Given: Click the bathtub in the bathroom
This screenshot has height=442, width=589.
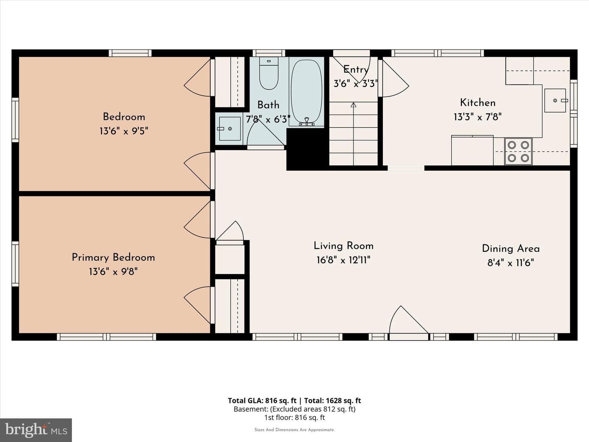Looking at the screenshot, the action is point(306,92).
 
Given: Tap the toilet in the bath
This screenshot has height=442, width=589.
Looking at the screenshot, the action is point(269,73).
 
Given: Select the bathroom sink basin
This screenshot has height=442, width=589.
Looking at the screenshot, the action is point(230,129).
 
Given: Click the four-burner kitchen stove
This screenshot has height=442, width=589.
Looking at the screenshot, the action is point(518,151).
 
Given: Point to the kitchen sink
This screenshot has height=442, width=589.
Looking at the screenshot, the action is point(555,100).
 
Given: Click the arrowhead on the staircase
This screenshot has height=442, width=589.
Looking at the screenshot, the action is point(353,105).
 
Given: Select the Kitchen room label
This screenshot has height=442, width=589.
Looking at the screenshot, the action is point(478,102).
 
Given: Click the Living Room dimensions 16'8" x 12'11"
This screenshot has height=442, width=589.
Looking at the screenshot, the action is point(344,260).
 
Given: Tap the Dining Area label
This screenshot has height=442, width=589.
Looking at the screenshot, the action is point(510,248).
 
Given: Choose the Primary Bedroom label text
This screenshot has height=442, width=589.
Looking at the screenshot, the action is point(113,258).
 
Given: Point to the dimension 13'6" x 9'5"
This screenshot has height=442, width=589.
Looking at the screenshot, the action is point(124,131).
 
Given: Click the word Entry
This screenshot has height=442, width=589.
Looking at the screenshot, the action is point(355,70).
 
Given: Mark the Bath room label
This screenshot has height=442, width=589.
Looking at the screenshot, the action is point(268,105).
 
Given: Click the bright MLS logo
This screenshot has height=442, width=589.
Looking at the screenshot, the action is point(36,430).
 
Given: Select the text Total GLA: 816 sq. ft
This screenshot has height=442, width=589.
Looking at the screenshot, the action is point(262,401).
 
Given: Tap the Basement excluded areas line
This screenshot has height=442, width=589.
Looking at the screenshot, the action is point(294,409).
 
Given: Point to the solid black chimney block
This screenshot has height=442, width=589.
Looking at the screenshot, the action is point(308,149).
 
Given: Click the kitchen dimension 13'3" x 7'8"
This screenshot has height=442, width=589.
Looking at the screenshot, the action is point(478,117).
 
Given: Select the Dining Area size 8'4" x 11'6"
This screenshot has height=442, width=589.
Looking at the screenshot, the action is point(510,263).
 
